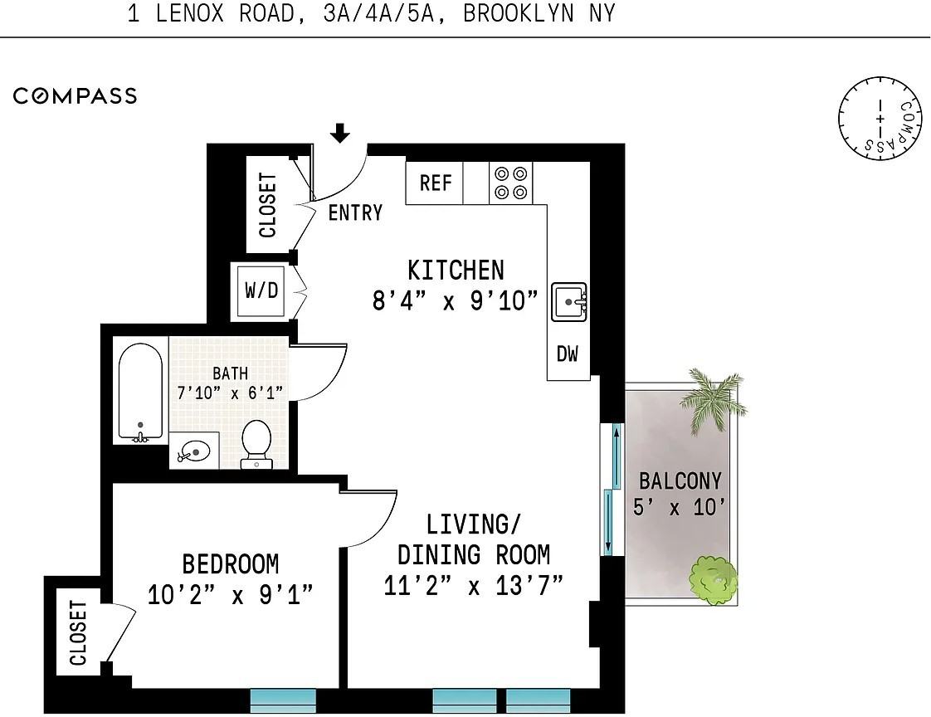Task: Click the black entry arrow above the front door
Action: [x=339, y=133]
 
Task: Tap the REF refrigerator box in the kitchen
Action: [x=435, y=183]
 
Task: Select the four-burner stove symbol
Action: [x=511, y=183]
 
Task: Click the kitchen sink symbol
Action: [x=569, y=302]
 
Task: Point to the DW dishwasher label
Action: [x=567, y=354]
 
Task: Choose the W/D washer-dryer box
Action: [x=262, y=290]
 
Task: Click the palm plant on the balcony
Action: [x=713, y=399]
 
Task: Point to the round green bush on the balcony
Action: [x=713, y=580]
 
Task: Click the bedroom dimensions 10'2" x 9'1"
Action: [x=231, y=594]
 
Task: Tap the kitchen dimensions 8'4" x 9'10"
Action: [x=456, y=300]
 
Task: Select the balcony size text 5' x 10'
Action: [x=680, y=508]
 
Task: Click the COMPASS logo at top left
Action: [x=76, y=95]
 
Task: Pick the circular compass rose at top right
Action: [x=880, y=118]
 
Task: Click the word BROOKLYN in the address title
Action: [x=519, y=13]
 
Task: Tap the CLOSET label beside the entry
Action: [x=268, y=206]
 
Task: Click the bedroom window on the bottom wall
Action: [x=283, y=700]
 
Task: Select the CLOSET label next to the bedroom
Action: [x=78, y=633]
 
